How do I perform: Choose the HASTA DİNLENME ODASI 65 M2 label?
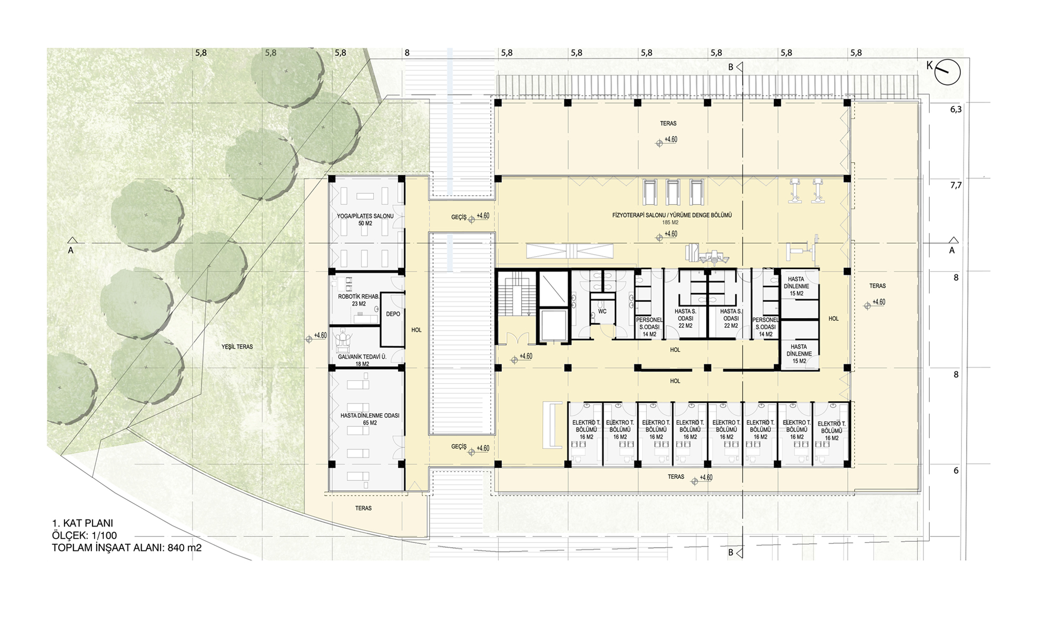[x=370, y=419]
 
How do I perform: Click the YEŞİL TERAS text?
[x=237, y=346]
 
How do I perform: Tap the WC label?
[x=602, y=311]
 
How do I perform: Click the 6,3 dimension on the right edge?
[x=956, y=110]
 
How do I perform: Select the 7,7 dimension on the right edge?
[x=956, y=185]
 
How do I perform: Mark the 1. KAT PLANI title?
[x=82, y=523]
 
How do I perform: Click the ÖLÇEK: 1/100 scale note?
[x=85, y=535]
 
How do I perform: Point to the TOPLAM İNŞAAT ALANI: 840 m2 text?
[x=127, y=548]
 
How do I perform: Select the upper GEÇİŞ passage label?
[x=459, y=217]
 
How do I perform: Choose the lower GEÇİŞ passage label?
[x=459, y=447]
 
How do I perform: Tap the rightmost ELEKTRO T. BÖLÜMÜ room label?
[x=832, y=430]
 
